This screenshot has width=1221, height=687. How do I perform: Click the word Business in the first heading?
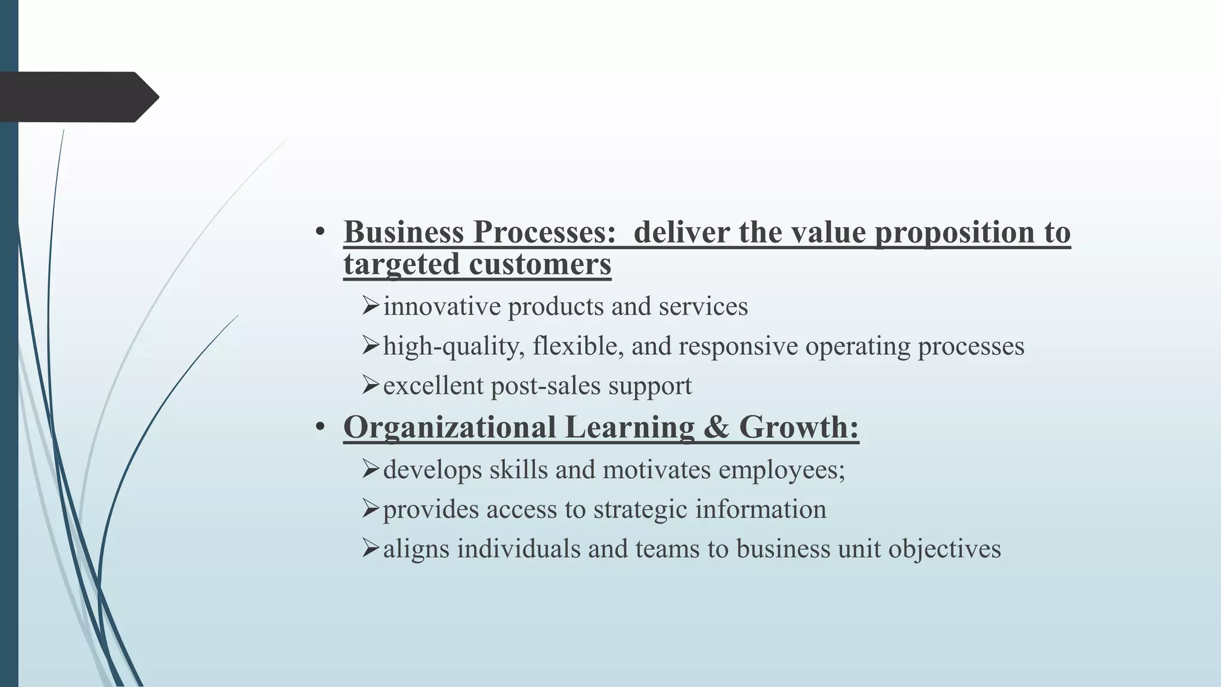click(404, 232)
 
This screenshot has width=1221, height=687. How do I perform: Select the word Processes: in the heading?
click(544, 232)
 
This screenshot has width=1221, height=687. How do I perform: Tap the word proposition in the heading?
click(955, 232)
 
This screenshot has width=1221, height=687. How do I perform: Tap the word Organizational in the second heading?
click(450, 427)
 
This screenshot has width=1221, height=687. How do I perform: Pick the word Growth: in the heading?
click(799, 427)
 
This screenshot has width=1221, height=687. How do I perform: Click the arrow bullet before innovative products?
click(370, 306)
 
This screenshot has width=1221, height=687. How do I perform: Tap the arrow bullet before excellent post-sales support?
click(370, 385)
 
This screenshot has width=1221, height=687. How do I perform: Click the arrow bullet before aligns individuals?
click(370, 548)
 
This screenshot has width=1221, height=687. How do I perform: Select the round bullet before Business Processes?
click(320, 232)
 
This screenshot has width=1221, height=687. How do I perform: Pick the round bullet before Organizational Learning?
click(320, 427)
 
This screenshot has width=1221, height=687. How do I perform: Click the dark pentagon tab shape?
click(78, 97)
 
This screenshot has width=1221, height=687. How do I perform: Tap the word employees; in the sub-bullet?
click(782, 470)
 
